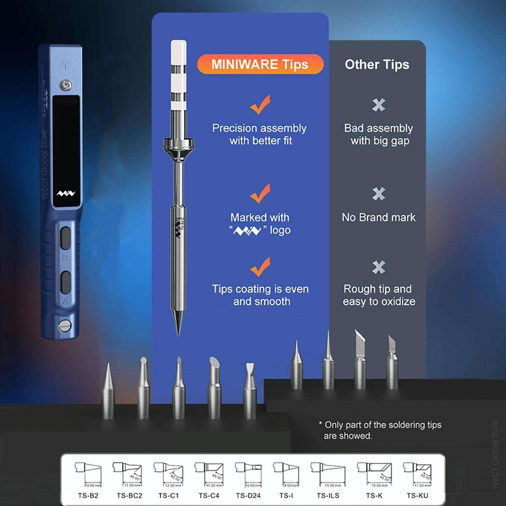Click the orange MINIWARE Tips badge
click(260, 65)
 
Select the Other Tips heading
click(377, 65)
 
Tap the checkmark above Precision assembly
click(260, 105)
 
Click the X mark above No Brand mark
click(379, 194)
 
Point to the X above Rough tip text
click(379, 267)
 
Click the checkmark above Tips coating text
click(260, 266)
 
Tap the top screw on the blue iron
click(65, 85)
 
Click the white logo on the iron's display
click(66, 194)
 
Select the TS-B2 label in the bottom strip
click(88, 495)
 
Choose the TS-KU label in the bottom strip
click(417, 495)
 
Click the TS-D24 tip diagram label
click(248, 495)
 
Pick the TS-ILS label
click(328, 495)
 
